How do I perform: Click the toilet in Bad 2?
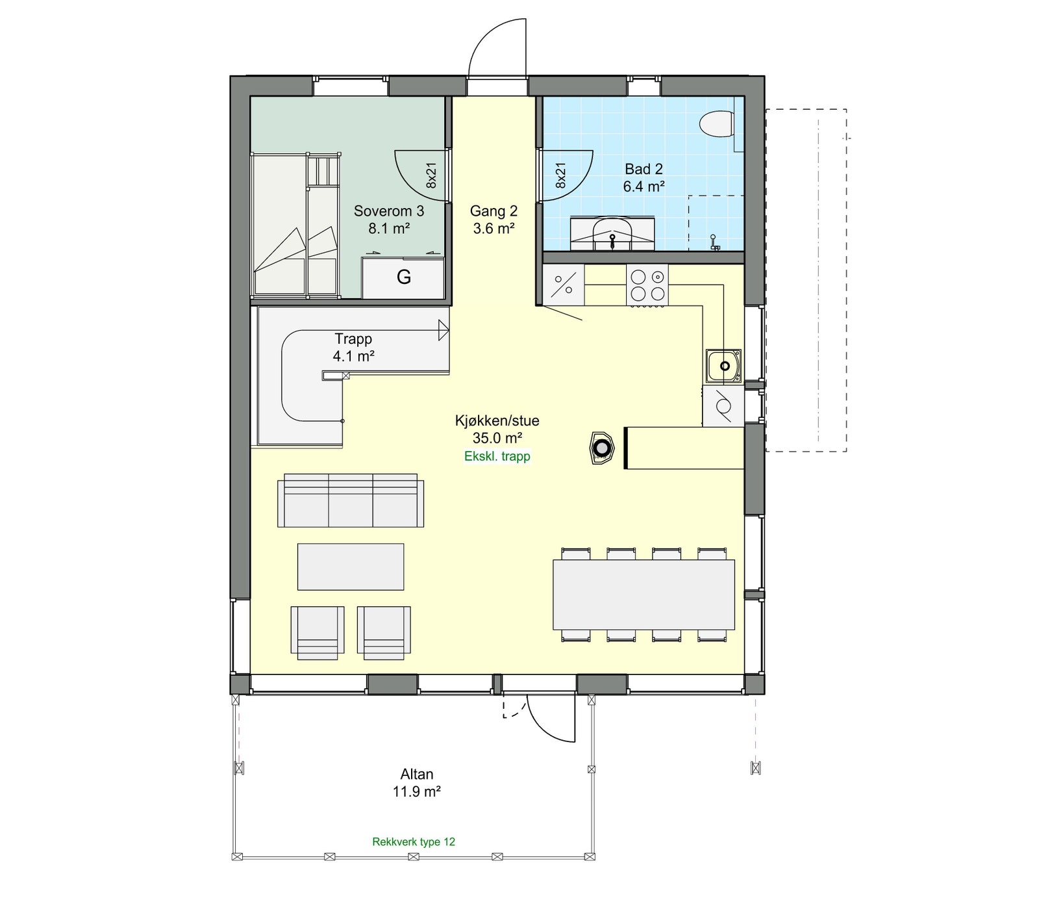718,125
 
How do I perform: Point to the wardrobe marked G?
403,277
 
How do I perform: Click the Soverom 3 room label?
388,219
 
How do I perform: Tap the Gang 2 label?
494,219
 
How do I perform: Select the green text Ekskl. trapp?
497,456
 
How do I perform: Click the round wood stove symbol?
603,448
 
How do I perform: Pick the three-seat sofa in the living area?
351,501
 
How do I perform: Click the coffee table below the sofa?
351,567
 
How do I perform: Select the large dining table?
644,594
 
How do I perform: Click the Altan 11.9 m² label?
416,782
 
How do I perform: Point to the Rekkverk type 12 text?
414,841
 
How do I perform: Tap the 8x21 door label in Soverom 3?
431,175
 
